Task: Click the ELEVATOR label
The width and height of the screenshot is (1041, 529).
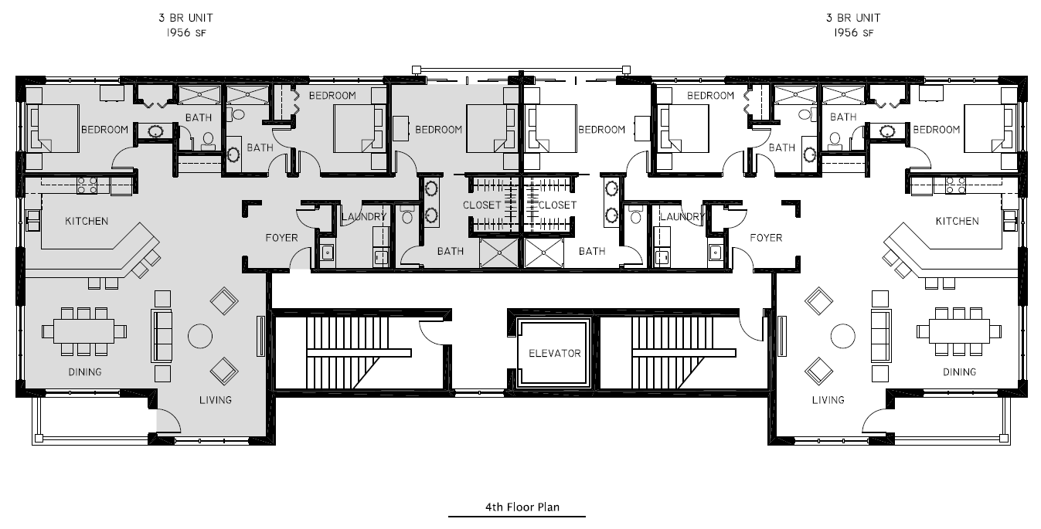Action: (554, 354)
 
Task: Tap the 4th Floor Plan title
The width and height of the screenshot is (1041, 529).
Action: (522, 507)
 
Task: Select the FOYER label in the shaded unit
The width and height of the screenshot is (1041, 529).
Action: (281, 238)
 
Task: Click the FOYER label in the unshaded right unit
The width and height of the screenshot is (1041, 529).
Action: (766, 238)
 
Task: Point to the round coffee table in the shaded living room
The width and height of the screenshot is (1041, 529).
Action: (200, 336)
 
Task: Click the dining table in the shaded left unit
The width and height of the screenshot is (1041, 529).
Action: (84, 331)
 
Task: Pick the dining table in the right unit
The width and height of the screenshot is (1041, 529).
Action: (959, 331)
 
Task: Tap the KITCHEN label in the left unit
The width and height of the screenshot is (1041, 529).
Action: (87, 221)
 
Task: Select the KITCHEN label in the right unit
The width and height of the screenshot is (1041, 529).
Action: (957, 221)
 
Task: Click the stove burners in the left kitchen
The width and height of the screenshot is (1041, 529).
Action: (87, 185)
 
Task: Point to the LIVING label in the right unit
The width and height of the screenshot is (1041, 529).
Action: (828, 400)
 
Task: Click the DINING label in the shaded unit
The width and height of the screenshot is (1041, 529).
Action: (84, 372)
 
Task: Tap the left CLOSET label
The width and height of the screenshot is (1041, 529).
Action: (482, 205)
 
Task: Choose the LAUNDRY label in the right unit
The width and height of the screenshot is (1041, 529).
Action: (682, 216)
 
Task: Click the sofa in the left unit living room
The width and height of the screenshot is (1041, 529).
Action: (162, 336)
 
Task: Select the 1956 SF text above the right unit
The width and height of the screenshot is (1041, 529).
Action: (853, 32)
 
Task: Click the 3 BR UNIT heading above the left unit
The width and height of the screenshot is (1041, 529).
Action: (185, 18)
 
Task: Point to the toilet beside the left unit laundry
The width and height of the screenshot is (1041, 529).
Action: (407, 215)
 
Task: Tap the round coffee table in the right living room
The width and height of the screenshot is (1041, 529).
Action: (842, 336)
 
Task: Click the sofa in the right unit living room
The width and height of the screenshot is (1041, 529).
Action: (881, 336)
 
